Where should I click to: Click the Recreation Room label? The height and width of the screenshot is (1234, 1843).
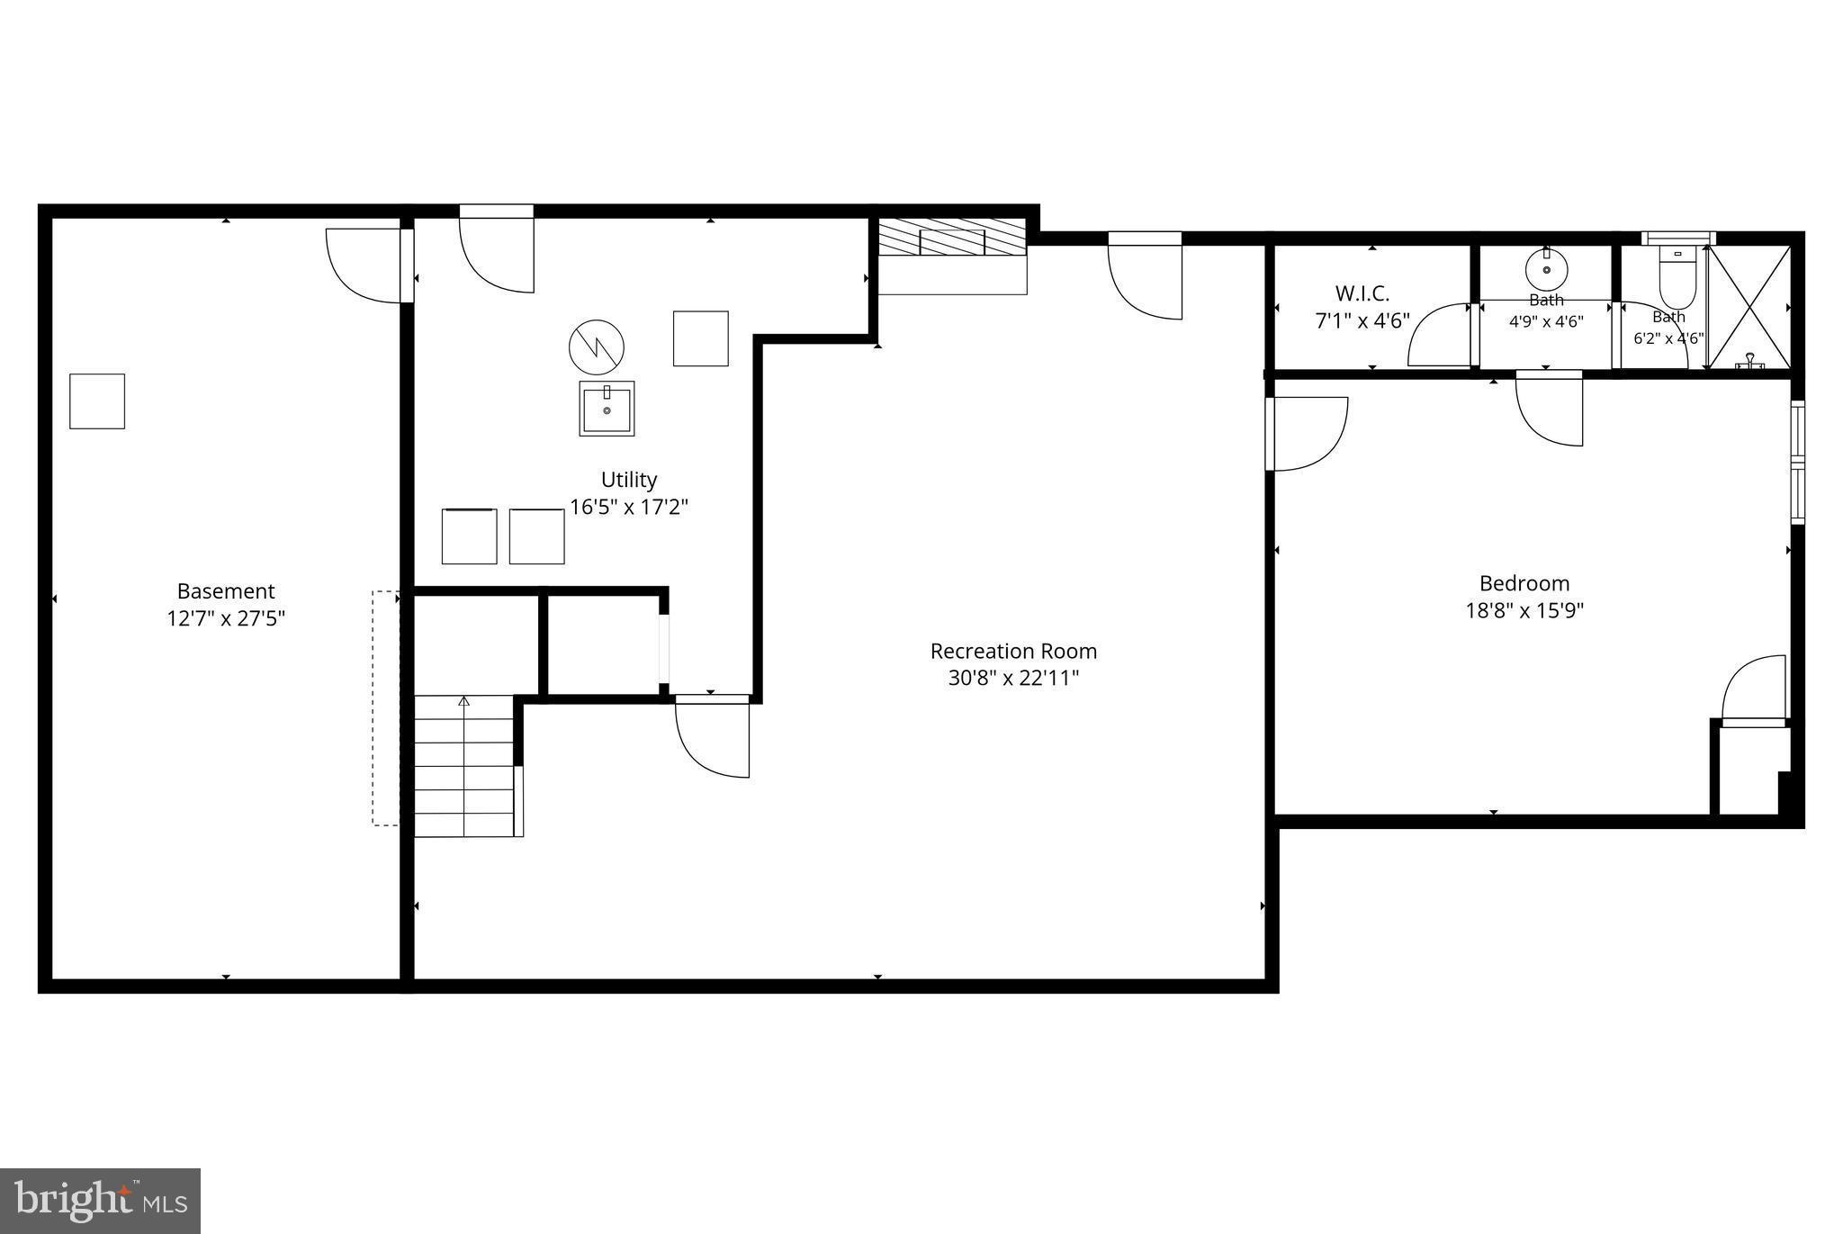1013,651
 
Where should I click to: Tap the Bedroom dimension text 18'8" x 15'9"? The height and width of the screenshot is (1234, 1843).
1524,610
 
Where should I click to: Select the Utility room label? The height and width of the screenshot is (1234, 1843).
629,480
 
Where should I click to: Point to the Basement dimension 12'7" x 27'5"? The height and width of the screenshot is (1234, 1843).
226,618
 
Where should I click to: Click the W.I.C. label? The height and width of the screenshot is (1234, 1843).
1362,293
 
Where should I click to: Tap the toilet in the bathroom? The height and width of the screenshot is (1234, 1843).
1677,277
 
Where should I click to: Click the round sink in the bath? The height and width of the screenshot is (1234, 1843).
1546,268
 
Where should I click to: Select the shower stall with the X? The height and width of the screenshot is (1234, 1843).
1749,306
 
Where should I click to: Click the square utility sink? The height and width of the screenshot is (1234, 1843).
607,409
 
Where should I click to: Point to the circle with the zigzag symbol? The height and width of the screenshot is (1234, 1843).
597,347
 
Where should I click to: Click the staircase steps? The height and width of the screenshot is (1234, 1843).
464,766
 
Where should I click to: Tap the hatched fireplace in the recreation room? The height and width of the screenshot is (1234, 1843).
952,236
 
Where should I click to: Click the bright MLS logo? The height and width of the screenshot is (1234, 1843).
100,1201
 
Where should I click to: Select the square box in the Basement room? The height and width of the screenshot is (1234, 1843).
97,401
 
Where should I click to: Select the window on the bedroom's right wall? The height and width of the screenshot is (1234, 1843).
1797,463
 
